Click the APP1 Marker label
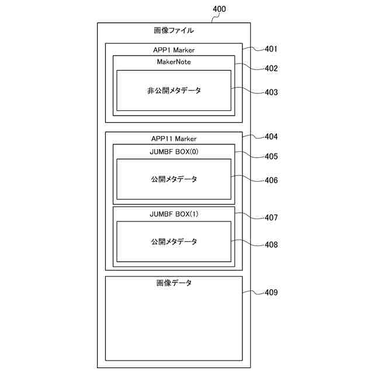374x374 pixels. click(x=174, y=50)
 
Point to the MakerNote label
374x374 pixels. click(x=174, y=61)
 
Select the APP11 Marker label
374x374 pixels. click(x=174, y=139)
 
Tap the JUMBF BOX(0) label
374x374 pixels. click(x=174, y=151)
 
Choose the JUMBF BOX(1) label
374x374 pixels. click(x=174, y=213)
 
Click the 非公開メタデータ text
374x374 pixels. click(x=174, y=91)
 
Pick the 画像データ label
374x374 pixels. click(x=174, y=283)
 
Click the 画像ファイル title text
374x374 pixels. click(x=174, y=30)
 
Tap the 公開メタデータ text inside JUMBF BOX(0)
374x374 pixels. click(x=174, y=179)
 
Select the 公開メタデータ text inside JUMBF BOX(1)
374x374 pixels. click(x=174, y=241)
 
